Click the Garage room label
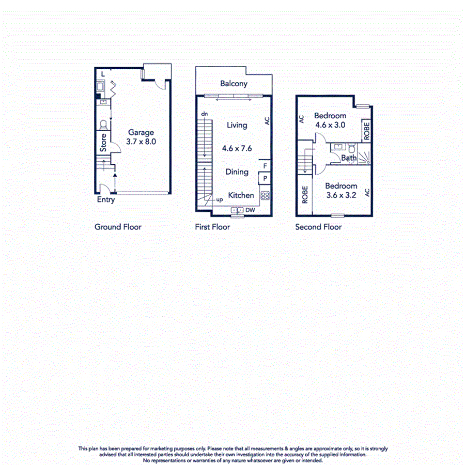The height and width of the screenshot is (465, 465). (x=141, y=132)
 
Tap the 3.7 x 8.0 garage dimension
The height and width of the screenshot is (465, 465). (x=141, y=141)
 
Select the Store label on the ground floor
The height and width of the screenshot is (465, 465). (x=103, y=143)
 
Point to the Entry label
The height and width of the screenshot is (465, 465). (x=106, y=200)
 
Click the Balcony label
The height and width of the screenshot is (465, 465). (x=234, y=84)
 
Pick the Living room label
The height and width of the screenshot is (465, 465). (x=237, y=125)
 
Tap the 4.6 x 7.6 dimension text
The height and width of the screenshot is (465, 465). (x=237, y=148)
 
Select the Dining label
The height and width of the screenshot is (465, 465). (x=237, y=172)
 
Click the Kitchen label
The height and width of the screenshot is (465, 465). (x=241, y=195)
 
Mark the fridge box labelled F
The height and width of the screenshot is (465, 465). (x=265, y=166)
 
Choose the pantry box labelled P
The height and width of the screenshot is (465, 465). (x=265, y=179)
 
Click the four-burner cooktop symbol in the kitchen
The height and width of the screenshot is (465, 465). (x=265, y=195)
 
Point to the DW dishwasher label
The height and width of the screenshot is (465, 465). (x=250, y=210)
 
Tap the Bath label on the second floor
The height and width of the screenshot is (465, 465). (x=349, y=158)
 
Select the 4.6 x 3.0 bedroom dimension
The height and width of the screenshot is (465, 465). (x=330, y=125)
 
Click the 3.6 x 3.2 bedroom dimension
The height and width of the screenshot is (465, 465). (x=341, y=195)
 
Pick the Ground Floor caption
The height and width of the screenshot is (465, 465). (x=118, y=227)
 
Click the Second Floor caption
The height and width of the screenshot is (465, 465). (x=318, y=227)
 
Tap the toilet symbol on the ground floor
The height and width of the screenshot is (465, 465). (x=103, y=125)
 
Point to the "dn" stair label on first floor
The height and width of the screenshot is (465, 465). (x=205, y=114)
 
